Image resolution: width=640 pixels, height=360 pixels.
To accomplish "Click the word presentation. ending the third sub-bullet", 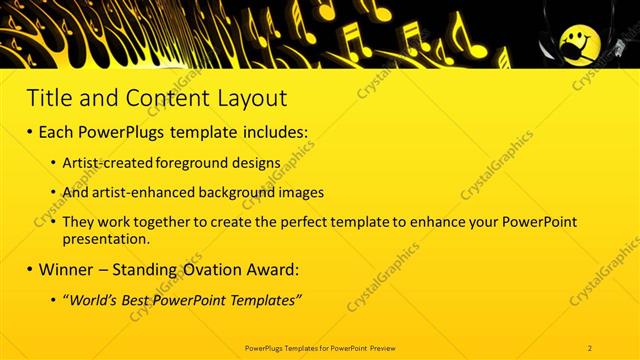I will [x=105, y=239].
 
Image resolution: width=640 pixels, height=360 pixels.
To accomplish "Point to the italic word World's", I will [x=95, y=300].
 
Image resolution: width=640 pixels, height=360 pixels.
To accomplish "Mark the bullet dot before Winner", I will [x=31, y=270].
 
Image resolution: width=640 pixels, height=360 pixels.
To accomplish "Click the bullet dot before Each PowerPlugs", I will [x=31, y=132].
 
